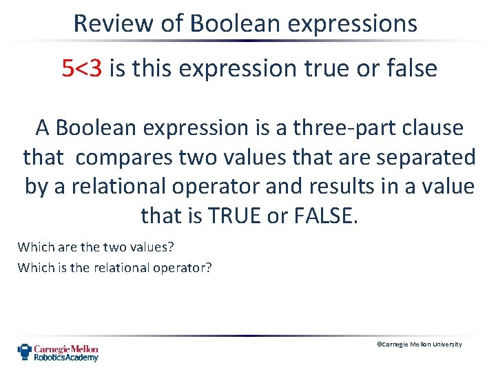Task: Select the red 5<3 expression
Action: [82, 68]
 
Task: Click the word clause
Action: [432, 128]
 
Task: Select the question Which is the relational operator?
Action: [115, 267]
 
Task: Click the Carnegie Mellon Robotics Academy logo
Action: [58, 353]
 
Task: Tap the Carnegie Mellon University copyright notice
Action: [420, 344]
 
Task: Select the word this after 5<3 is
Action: [154, 68]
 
